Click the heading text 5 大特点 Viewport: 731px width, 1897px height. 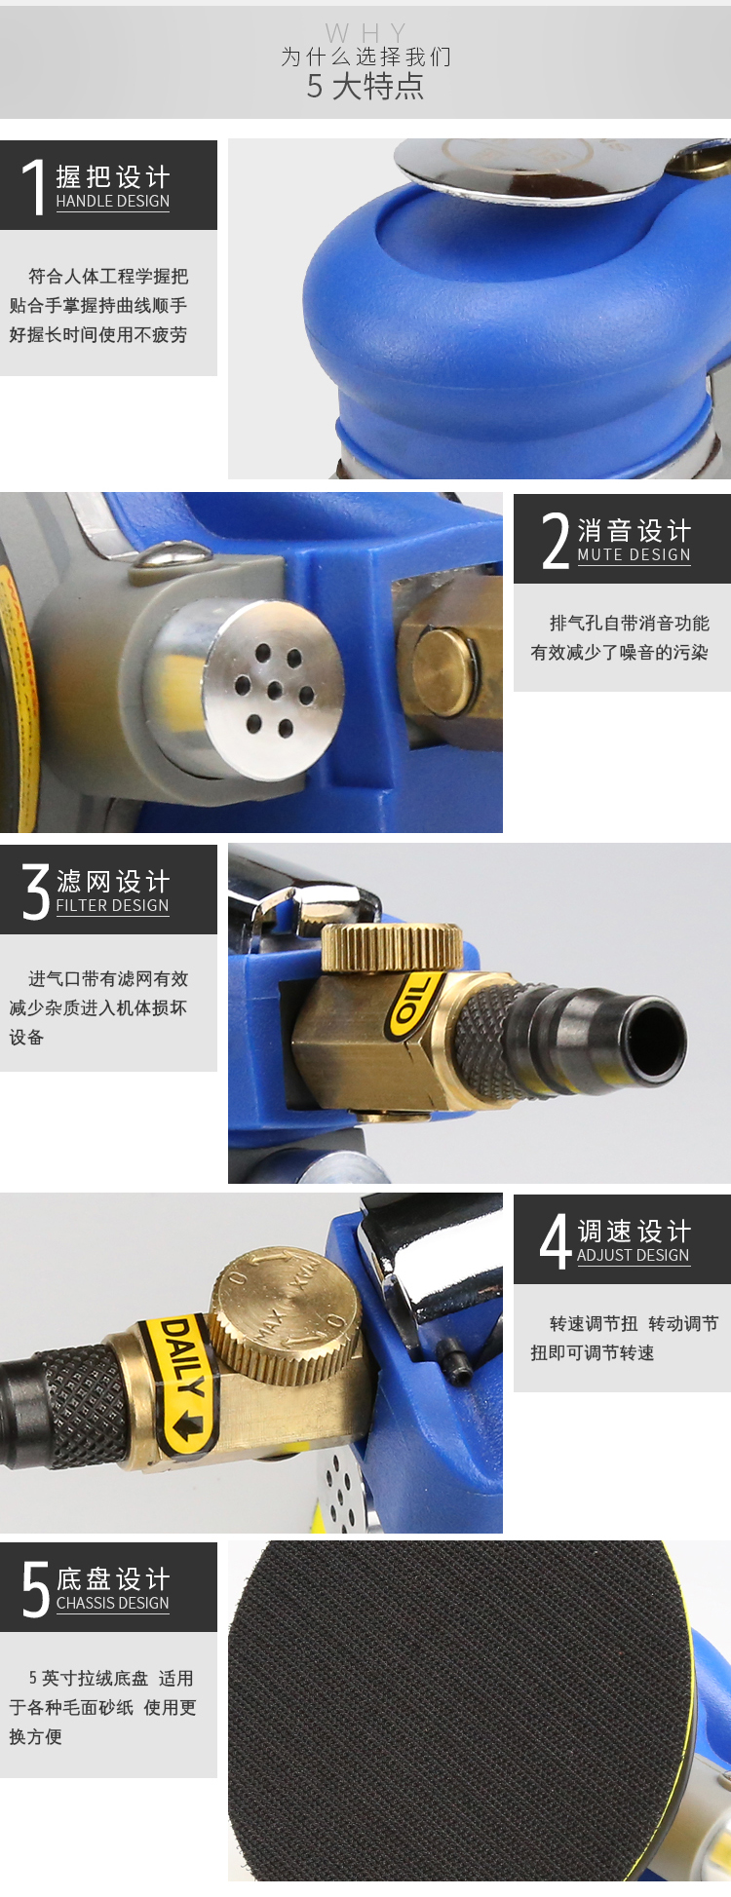tap(365, 87)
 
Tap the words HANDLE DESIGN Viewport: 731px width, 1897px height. tap(113, 201)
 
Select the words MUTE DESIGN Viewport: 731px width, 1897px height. tap(635, 554)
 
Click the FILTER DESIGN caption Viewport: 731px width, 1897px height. tap(113, 905)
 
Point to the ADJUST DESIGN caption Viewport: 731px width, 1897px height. tap(634, 1255)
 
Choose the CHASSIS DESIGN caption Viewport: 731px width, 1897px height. tap(113, 1603)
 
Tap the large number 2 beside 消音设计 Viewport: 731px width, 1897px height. tap(556, 540)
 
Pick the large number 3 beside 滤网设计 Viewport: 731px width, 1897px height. tap(36, 892)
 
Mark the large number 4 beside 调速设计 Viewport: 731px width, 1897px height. tap(556, 1241)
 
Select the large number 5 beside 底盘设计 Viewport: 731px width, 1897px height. tap(36, 1589)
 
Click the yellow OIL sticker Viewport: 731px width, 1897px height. tap(409, 1002)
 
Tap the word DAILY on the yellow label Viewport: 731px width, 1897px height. tap(181, 1359)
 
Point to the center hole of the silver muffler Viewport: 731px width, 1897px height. tap(275, 690)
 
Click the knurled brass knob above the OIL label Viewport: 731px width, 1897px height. tap(392, 947)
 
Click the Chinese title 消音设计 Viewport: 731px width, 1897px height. tap(635, 530)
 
